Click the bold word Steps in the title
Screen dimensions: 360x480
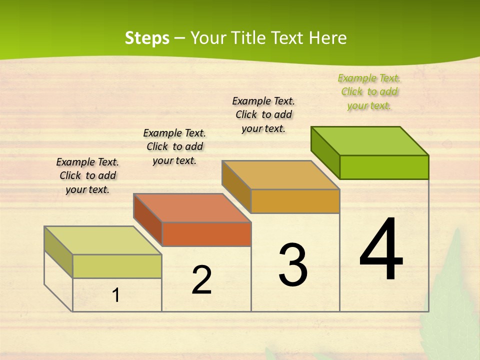(147, 38)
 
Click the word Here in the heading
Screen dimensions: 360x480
(327, 38)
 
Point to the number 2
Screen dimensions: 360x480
(201, 280)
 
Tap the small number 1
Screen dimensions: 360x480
(116, 295)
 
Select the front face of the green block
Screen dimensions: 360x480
(384, 167)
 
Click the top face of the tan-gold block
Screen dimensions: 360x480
(280, 175)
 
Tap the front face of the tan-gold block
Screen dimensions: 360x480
(295, 201)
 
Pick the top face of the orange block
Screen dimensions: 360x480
(192, 208)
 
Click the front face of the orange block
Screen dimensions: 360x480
(206, 234)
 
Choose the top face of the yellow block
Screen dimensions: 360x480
(103, 240)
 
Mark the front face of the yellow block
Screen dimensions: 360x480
(117, 266)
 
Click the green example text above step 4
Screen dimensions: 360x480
(369, 91)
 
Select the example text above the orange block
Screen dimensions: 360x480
(174, 146)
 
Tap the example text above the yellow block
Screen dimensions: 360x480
(87, 175)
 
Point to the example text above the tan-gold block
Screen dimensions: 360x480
(263, 114)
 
